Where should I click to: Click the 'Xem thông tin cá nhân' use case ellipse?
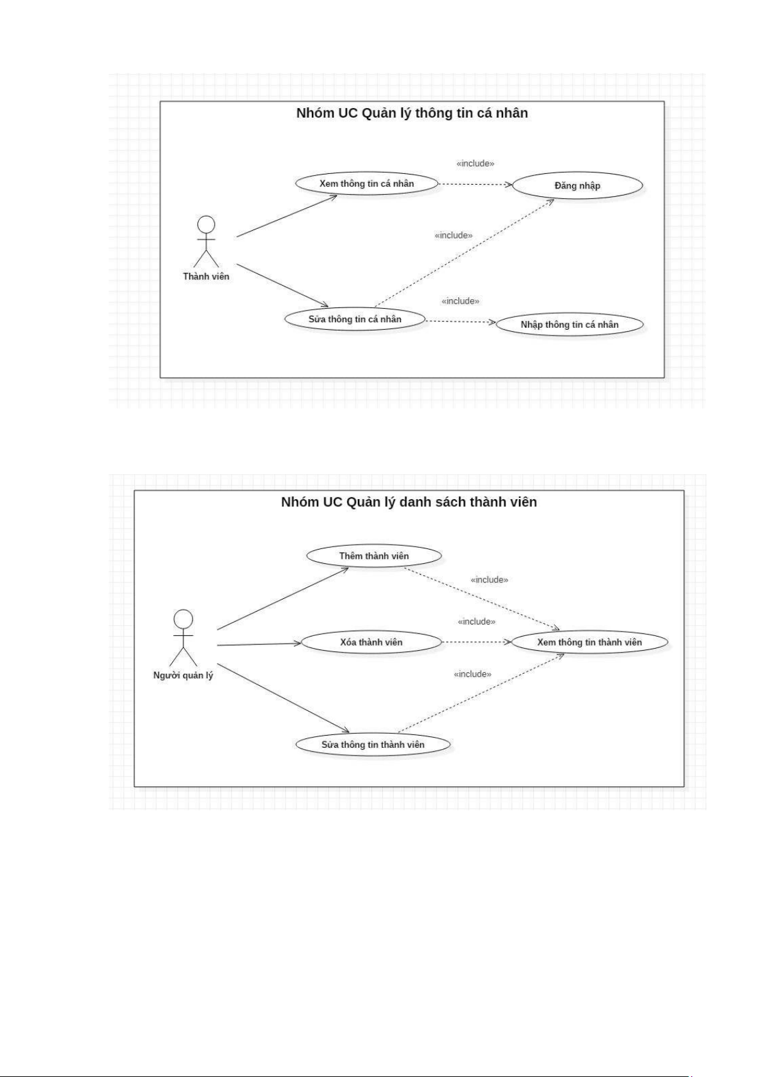point(366,183)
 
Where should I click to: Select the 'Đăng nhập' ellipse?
point(577,185)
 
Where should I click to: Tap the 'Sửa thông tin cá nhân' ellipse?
point(355,319)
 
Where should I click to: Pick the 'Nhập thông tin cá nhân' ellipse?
point(569,325)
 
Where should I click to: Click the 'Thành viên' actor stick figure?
point(206,242)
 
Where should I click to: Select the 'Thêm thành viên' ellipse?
point(374,555)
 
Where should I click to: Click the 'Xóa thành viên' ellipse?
point(371,642)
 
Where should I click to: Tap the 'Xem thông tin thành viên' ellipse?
point(589,642)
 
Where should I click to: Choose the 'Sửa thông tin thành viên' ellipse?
point(373,745)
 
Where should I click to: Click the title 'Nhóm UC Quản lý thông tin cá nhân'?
point(412,113)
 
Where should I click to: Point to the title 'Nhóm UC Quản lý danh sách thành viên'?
point(408,502)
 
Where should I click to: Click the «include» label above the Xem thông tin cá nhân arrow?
point(475,164)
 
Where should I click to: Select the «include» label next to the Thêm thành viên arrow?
point(489,580)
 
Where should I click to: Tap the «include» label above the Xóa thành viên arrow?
point(476,621)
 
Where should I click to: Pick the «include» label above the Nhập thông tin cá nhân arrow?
point(460,301)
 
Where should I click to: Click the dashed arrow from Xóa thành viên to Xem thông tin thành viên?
point(476,642)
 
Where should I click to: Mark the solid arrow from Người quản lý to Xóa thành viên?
point(259,644)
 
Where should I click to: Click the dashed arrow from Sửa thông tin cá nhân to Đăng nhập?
point(464,253)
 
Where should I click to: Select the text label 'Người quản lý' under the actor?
point(183,676)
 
